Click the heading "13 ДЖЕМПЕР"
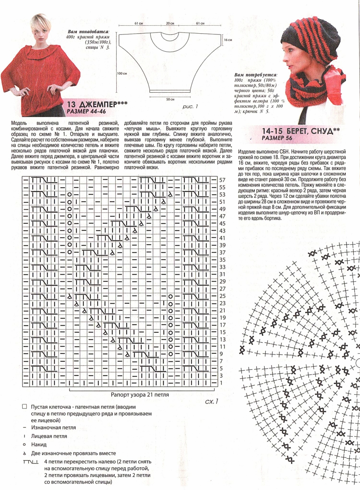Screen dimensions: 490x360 coord(97,105)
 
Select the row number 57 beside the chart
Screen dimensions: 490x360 coord(223,180)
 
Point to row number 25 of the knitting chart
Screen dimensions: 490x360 coord(223,296)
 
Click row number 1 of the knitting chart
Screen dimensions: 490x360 coord(221,383)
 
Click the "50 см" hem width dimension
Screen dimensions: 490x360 coord(170,99)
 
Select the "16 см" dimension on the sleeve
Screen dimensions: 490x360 coord(228,40)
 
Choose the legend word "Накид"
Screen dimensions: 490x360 coord(39,444)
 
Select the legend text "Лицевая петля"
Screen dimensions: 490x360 coord(49,436)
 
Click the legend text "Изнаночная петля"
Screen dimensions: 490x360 coord(54,427)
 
